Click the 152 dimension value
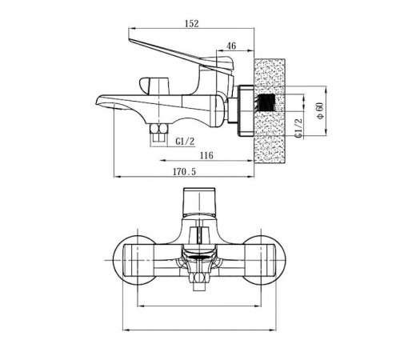tap(192, 23)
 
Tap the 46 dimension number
tap(231, 46)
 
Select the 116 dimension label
tap(206, 155)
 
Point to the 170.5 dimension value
tap(184, 171)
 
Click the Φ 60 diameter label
tap(320, 110)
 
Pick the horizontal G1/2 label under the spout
tap(185, 142)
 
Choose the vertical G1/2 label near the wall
tap(299, 128)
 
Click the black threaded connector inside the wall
tap(266, 102)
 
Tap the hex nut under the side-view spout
tap(159, 129)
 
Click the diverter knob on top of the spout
tap(154, 86)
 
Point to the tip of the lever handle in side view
tap(130, 40)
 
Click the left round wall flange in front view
tap(134, 260)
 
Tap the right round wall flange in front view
tap(265, 260)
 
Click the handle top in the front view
tap(199, 191)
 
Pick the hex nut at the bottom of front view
tap(199, 278)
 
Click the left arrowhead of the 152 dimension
tap(131, 28)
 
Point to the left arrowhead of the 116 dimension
tap(162, 161)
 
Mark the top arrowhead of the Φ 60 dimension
tap(326, 89)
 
